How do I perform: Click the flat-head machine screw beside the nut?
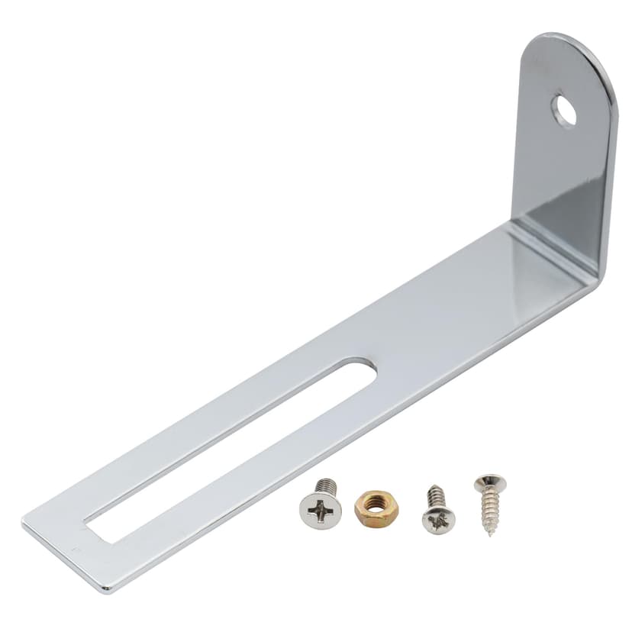point(321,505)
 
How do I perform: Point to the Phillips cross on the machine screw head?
point(320,510)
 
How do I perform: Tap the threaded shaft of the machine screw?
point(327,486)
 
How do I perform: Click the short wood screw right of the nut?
point(437,511)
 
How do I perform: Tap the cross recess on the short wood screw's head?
point(439,520)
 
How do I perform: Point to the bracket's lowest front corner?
point(107,589)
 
